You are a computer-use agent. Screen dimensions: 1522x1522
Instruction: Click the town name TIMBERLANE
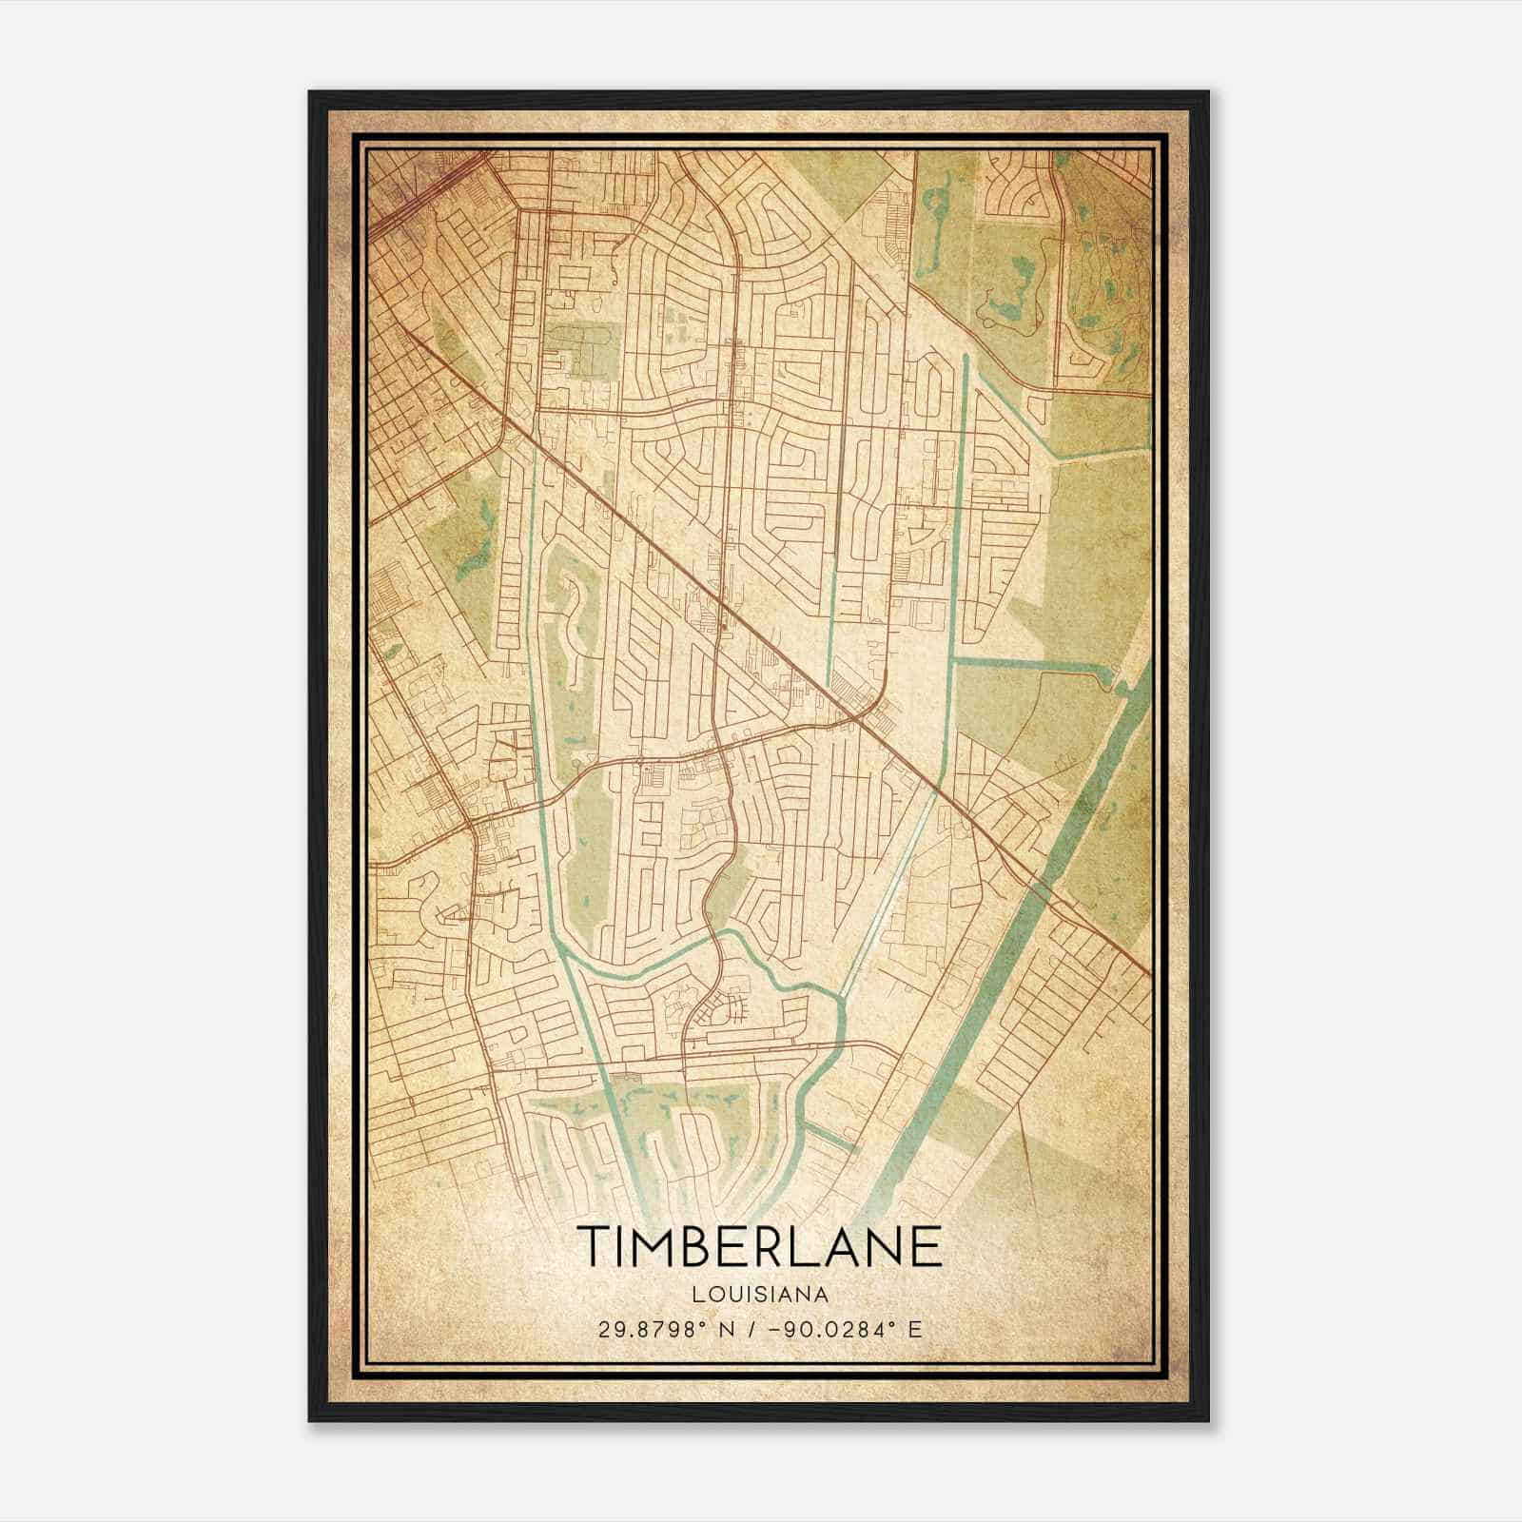tap(758, 1246)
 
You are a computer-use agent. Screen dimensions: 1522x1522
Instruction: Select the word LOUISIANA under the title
tap(758, 1295)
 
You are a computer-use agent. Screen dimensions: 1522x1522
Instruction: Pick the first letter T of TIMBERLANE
tap(592, 1246)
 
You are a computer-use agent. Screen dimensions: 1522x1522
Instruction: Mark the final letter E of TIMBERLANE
tap(927, 1246)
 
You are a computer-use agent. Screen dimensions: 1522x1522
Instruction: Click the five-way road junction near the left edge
tap(473, 818)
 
